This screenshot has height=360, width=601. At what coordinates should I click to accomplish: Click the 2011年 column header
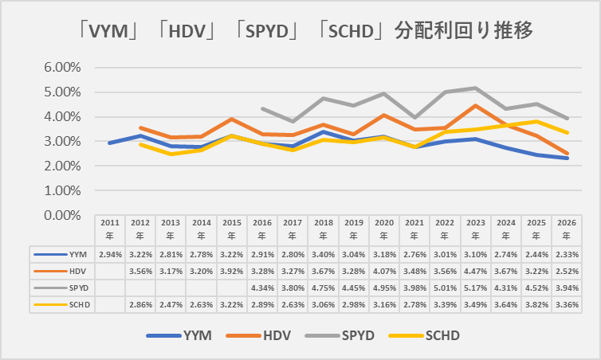coord(109,229)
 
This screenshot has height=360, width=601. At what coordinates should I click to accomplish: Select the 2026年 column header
coord(568,229)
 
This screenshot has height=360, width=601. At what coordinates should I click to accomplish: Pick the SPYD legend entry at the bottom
coord(363,336)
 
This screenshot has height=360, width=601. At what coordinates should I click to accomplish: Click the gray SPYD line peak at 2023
coord(476,88)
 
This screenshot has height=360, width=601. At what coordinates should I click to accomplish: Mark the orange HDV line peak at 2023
coord(476,105)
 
